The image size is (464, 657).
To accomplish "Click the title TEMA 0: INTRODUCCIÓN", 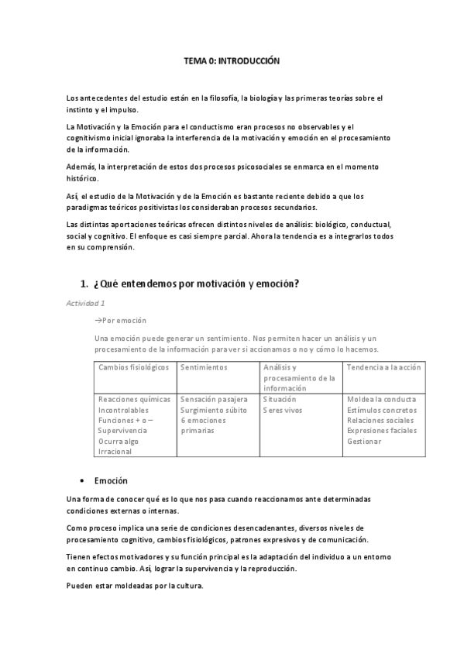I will click(x=231, y=60).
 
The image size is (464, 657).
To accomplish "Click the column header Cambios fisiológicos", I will click(x=134, y=367).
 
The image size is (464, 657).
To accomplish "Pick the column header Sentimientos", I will click(x=204, y=367).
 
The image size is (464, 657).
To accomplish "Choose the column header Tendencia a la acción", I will click(x=384, y=367).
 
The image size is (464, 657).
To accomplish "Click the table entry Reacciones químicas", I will click(x=134, y=399).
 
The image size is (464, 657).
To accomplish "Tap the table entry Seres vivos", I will click(x=283, y=410).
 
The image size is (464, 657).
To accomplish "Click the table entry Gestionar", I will click(x=364, y=442).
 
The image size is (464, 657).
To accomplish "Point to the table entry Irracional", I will click(x=116, y=452).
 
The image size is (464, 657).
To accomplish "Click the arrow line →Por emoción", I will click(x=120, y=320).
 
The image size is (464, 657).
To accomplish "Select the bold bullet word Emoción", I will click(x=111, y=481).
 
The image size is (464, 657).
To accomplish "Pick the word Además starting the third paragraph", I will click(x=79, y=167).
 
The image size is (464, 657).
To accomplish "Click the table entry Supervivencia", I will click(x=125, y=431).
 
